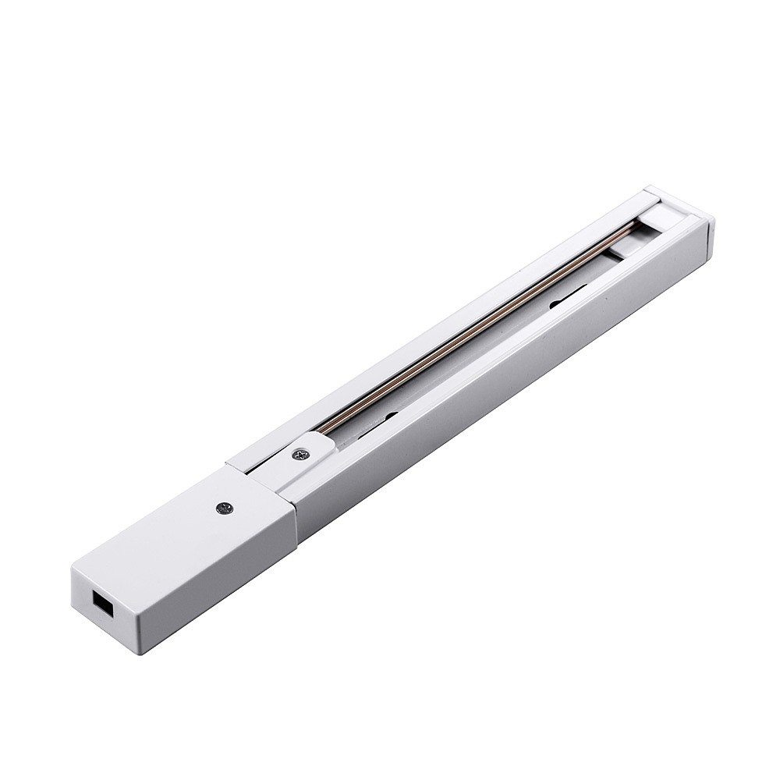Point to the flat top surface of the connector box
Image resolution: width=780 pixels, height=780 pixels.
(x=195, y=523)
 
